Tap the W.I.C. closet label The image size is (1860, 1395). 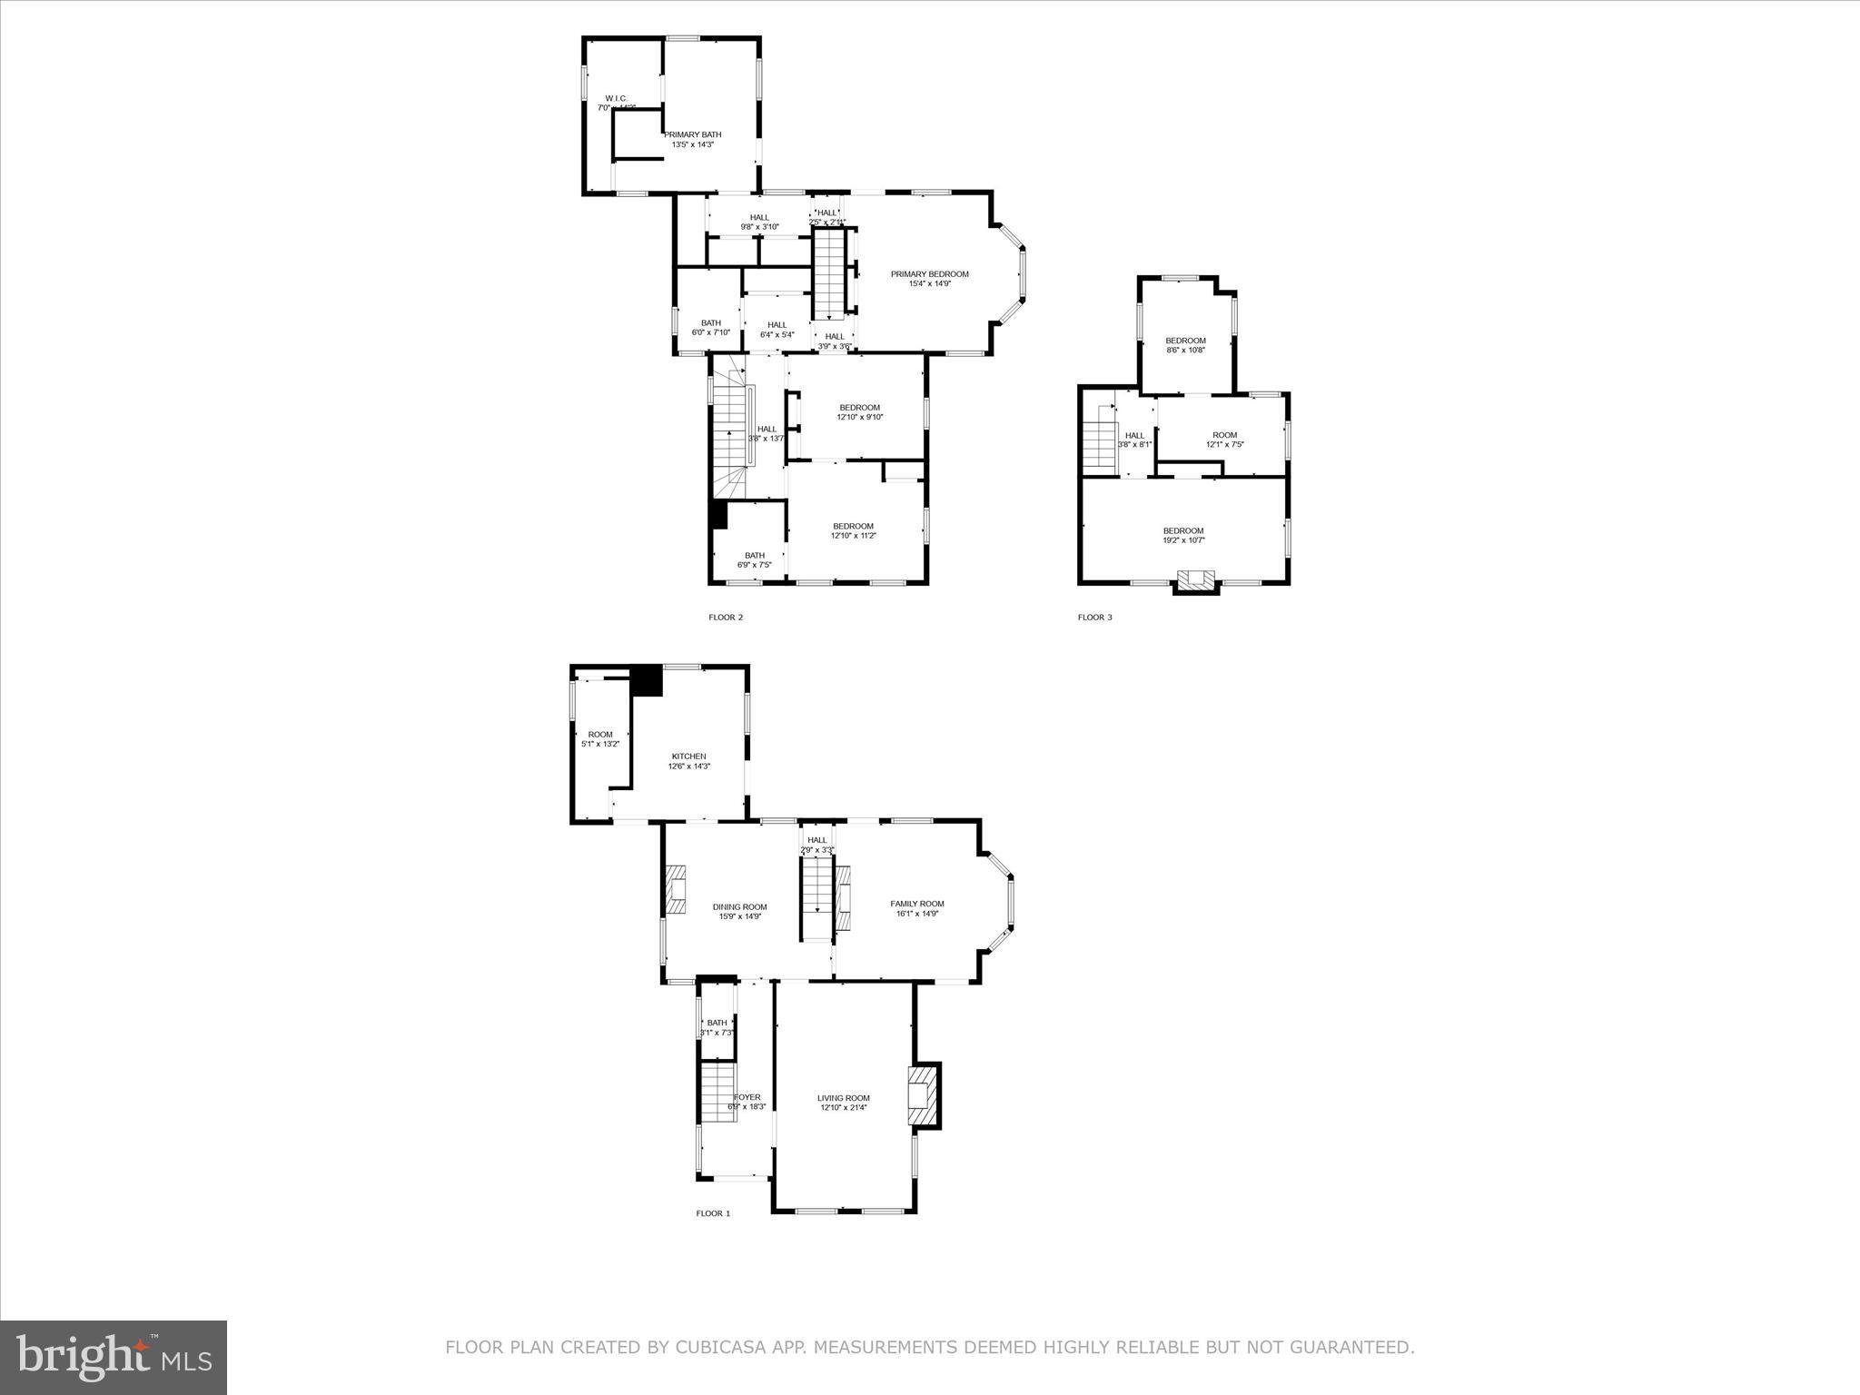pos(616,99)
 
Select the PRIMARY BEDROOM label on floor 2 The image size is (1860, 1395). pos(929,274)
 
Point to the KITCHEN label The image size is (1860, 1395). pos(688,757)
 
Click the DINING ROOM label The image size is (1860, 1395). pos(739,906)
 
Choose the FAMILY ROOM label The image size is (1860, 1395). pos(916,904)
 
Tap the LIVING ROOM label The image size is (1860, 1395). pos(843,1098)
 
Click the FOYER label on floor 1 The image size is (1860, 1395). pos(747,1097)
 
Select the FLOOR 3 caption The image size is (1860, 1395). pos(1094,618)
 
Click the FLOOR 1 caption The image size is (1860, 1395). pos(713,1213)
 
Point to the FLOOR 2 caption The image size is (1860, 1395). pos(726,618)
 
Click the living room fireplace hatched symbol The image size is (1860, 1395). pos(918,1094)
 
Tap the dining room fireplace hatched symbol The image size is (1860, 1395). pos(676,890)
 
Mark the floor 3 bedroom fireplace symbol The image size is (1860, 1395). pos(1195,579)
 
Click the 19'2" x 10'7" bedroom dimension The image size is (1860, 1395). pos(1183,540)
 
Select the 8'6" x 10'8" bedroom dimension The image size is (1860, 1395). pos(1185,350)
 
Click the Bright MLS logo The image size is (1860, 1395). pos(114,1356)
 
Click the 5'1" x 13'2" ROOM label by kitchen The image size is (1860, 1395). pos(599,739)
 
